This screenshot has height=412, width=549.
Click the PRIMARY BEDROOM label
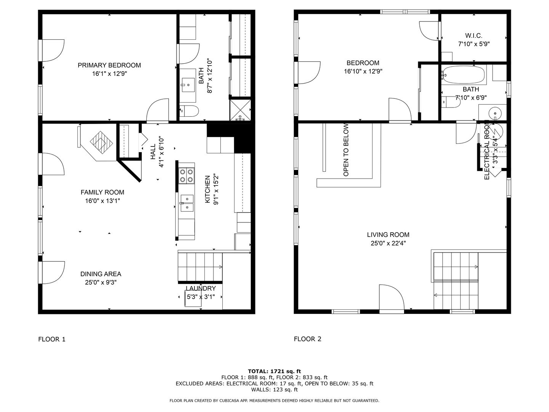pos(109,65)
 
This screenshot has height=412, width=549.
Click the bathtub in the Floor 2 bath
pos(464,75)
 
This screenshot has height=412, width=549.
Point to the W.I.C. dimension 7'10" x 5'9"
pos(474,44)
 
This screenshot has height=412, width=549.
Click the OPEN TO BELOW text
pos(346,150)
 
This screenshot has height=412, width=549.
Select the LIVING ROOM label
pos(388,235)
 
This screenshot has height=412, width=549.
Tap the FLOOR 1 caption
pos(52,339)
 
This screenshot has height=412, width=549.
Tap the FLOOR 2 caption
pos(307,339)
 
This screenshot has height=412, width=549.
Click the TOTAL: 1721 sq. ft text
pos(274,371)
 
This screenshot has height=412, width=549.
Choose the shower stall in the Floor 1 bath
pos(240,110)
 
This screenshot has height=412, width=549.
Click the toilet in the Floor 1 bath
pos(189,111)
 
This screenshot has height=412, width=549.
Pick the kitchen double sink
pos(187,203)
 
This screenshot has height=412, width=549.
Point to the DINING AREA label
pos(101,274)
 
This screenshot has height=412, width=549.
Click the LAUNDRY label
pos(201,288)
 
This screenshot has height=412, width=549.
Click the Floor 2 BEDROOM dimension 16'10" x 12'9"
pos(363,71)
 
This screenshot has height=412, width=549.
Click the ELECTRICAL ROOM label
pos(486,150)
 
